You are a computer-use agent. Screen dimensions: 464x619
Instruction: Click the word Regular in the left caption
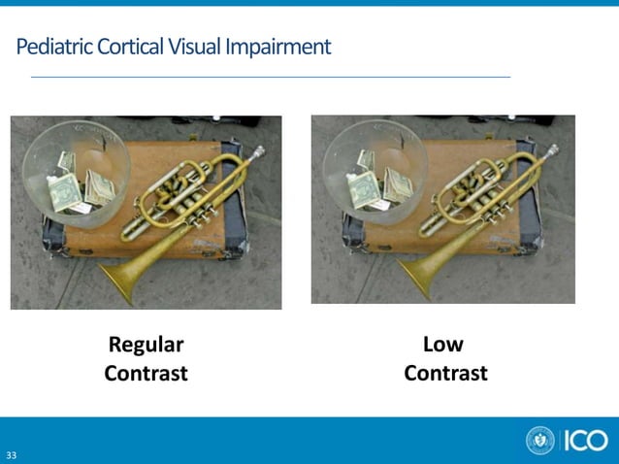pos(146,345)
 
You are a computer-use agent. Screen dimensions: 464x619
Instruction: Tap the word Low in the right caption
pos(443,345)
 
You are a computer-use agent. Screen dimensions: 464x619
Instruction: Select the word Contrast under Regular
pos(146,374)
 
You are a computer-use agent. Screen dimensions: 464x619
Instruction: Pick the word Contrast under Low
pos(445,374)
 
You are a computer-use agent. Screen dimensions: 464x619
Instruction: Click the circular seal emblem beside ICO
pos(540,440)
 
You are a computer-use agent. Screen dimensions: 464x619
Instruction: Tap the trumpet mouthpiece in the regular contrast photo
pos(257,151)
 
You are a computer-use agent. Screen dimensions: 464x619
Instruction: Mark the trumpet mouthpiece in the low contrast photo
pos(552,150)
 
